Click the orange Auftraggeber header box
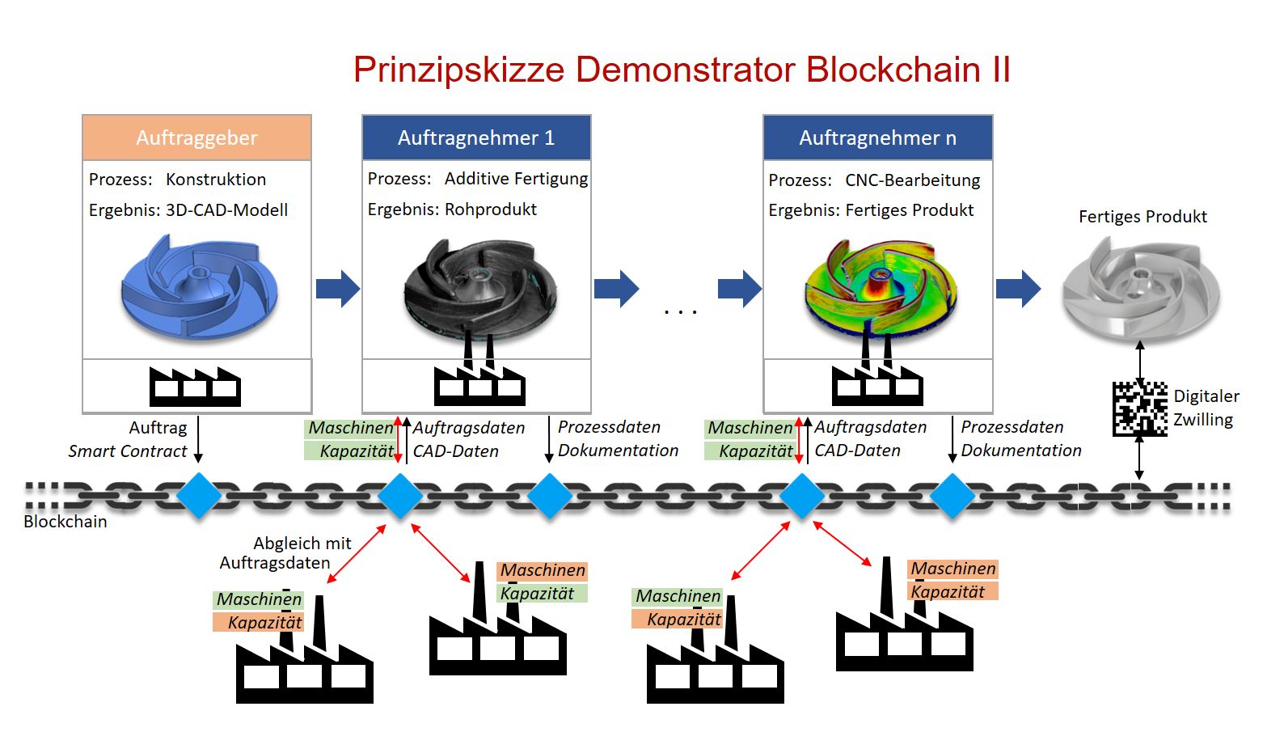[x=196, y=138]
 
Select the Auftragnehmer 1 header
[x=476, y=138]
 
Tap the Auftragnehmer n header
[x=877, y=138]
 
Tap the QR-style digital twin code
[x=1140, y=408]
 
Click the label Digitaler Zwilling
[x=1206, y=408]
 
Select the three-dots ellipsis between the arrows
[x=680, y=311]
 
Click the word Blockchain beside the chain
[x=65, y=522]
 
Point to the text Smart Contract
[x=128, y=451]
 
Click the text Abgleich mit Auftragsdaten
[x=286, y=553]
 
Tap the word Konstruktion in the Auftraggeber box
[x=216, y=180]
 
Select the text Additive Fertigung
[x=516, y=179]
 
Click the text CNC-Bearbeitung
[x=912, y=180]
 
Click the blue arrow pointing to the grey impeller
[x=1018, y=289]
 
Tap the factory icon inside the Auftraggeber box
[x=195, y=387]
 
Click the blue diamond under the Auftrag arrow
[x=199, y=495]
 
